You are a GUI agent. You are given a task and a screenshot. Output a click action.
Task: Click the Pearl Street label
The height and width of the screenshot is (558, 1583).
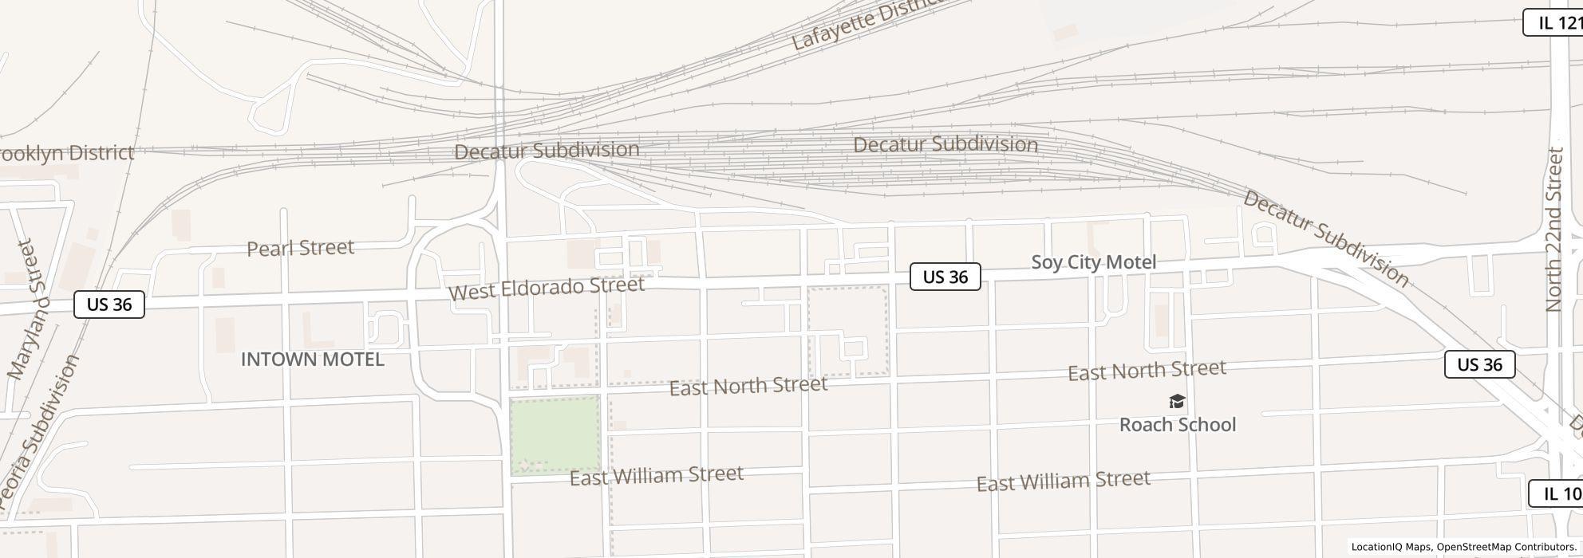300,248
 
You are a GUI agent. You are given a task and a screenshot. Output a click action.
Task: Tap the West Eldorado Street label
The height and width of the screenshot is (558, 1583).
547,288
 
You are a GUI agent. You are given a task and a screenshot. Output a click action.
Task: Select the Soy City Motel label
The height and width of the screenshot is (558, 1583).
1093,262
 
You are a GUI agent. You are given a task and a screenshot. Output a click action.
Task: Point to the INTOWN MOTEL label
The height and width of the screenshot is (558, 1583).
313,360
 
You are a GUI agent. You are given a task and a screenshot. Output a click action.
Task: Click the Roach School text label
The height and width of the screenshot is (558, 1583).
1178,425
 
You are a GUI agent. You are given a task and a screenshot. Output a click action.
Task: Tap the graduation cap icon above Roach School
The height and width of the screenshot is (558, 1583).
1177,401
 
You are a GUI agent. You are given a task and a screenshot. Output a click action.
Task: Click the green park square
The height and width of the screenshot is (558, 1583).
555,434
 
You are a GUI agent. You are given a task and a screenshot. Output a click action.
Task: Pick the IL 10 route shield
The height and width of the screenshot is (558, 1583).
1556,493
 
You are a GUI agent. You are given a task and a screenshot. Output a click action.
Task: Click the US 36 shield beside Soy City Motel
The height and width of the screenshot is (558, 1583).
945,277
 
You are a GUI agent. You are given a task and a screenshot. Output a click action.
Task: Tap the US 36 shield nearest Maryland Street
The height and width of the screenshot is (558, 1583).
109,305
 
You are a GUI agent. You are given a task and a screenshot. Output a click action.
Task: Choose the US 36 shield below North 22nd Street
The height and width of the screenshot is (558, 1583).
1479,364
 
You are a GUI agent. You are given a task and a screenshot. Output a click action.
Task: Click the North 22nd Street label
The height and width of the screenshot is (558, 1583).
1554,230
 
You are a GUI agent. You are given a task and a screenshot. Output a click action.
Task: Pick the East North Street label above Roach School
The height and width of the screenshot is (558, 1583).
1147,370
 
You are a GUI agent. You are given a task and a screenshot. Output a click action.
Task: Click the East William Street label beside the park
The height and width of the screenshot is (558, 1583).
657,476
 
